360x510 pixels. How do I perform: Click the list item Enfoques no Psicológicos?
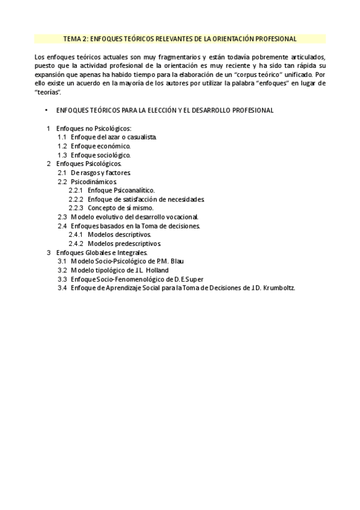(93, 129)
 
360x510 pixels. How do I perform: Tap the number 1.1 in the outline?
(62, 137)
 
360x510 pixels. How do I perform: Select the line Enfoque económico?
(100, 146)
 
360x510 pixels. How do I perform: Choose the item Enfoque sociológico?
(100, 155)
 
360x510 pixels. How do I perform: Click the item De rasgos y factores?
(100, 172)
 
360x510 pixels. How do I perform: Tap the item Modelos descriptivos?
(119, 234)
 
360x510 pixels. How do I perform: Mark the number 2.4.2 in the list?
(76, 244)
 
